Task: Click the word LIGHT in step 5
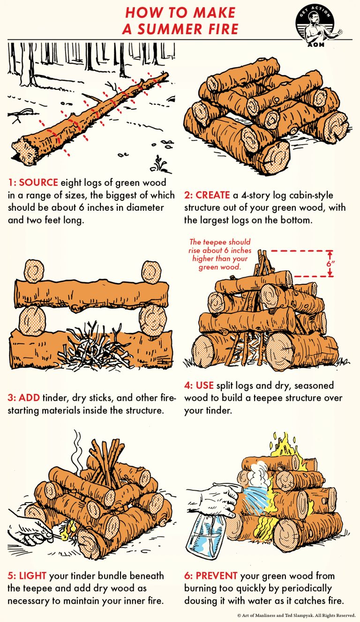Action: click(32, 575)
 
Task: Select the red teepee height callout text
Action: click(220, 255)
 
